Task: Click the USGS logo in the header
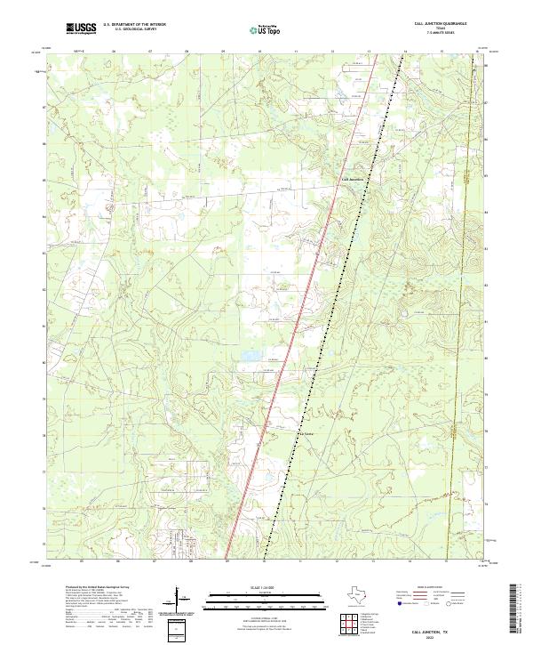point(82,28)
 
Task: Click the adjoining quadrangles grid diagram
point(347,625)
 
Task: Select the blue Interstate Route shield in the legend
point(399,603)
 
